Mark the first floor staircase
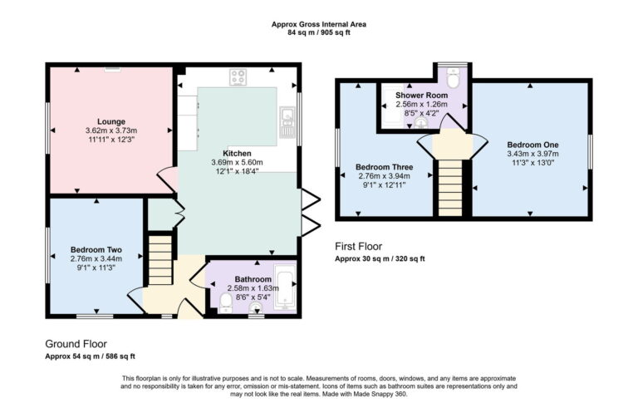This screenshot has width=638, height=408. [449, 184]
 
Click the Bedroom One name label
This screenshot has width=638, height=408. [532, 145]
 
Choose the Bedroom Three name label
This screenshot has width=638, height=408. [384, 166]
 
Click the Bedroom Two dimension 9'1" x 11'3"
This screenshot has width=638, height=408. [96, 268]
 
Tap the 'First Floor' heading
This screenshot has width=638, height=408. [358, 247]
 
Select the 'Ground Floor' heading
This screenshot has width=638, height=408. [76, 343]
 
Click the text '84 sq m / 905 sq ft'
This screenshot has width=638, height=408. [319, 33]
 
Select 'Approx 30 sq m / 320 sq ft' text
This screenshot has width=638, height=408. [380, 259]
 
